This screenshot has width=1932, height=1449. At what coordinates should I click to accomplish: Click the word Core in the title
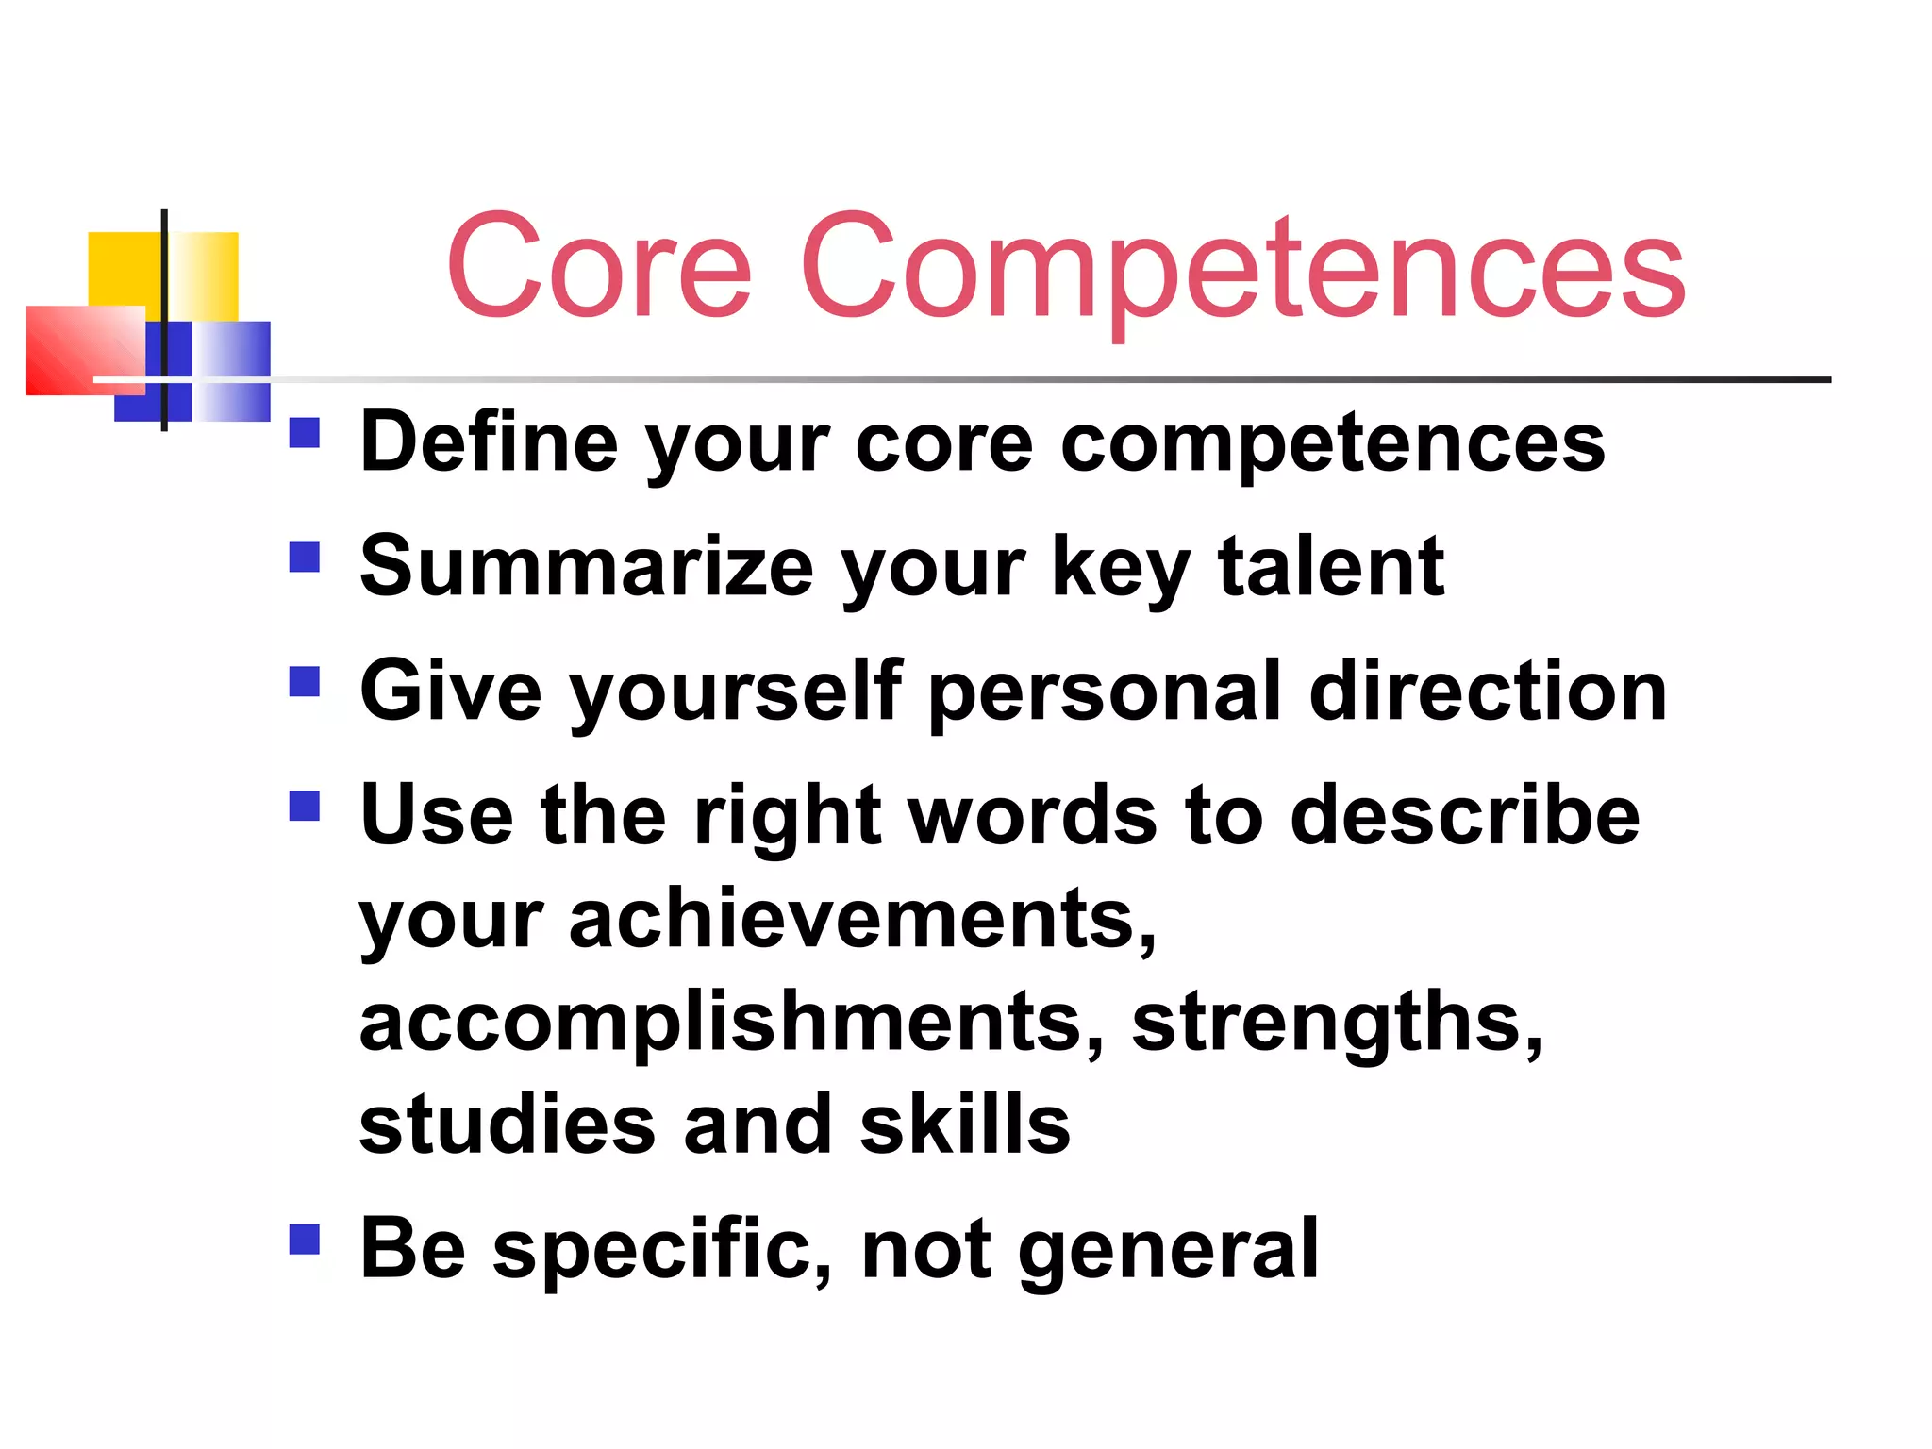coord(600,266)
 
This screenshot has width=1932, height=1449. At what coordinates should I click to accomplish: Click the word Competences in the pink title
coord(1243,266)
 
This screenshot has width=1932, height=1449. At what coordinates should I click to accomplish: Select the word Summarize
coord(587,567)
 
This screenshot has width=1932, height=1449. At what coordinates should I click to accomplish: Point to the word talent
coord(1331,567)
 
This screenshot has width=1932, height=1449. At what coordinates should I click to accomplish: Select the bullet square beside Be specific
coord(305,1239)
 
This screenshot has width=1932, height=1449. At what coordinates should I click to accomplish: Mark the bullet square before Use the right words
coord(305,806)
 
